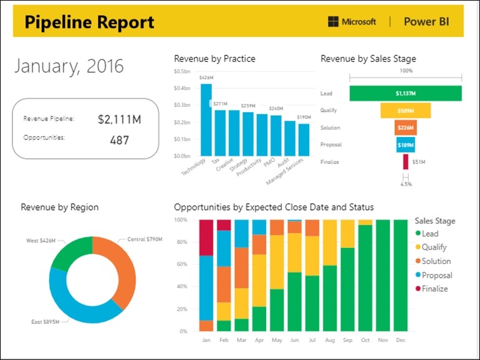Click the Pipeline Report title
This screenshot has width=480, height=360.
click(89, 22)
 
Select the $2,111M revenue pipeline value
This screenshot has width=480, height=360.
click(119, 119)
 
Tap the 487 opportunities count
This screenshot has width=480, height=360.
click(119, 140)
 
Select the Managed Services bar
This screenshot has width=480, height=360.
click(304, 140)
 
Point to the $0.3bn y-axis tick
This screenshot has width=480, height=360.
click(183, 105)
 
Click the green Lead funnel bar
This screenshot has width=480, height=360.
click(405, 93)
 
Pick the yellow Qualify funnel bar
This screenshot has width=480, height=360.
click(405, 111)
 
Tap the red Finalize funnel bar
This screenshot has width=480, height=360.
click(406, 162)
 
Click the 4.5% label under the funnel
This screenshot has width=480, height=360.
click(406, 184)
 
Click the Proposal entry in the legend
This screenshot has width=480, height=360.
click(436, 275)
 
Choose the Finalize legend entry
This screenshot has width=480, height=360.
click(434, 289)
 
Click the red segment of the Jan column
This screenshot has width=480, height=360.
click(206, 237)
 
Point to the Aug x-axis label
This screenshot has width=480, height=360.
click(330, 341)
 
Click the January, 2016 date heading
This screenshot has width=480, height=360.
click(69, 66)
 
